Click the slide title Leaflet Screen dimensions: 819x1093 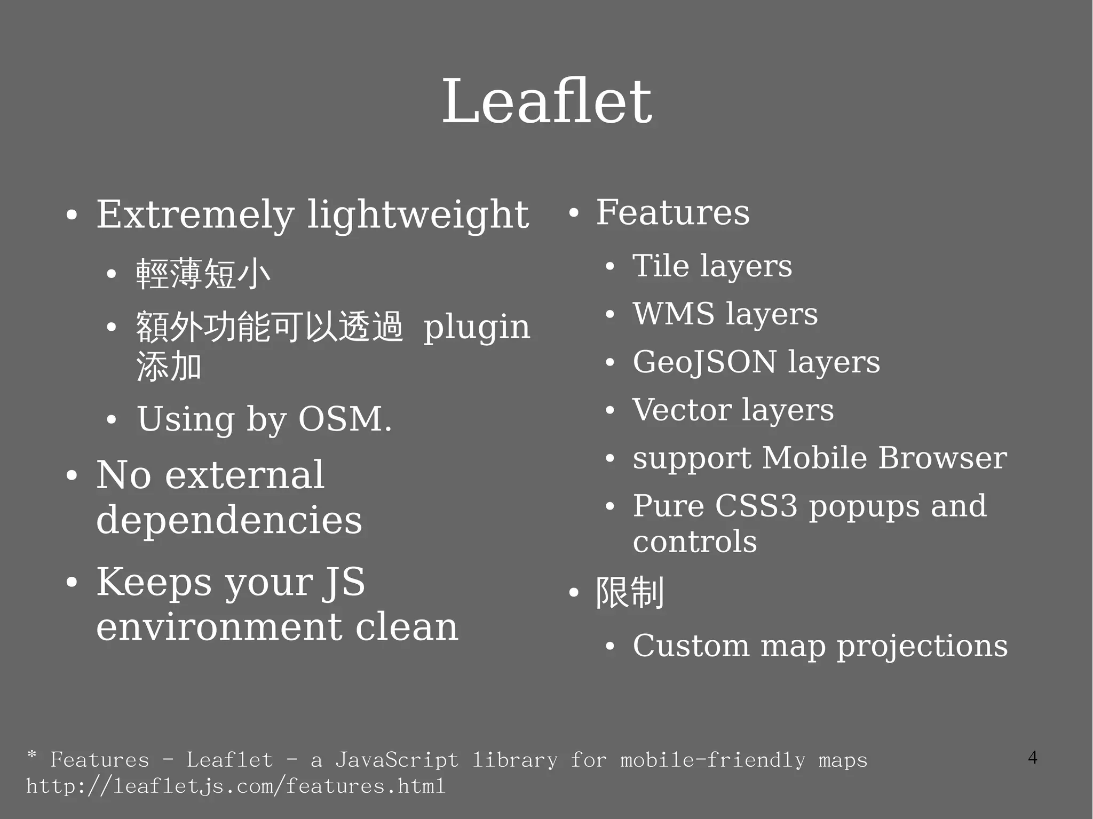(546, 101)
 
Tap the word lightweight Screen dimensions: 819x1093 (418, 214)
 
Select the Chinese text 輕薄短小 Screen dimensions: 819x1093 (203, 274)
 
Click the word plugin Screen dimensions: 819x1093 (477, 327)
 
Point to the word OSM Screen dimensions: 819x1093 (344, 419)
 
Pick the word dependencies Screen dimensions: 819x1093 (229, 520)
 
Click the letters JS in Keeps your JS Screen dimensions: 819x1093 (343, 582)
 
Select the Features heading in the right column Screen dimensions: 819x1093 (672, 212)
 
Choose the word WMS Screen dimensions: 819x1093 (674, 313)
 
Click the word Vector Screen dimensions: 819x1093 (682, 410)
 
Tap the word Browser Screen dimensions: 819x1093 (942, 458)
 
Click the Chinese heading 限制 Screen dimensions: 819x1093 (630, 592)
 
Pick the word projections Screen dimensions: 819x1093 (922, 646)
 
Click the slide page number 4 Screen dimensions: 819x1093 (1033, 758)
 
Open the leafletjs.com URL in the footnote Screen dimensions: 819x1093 (235, 786)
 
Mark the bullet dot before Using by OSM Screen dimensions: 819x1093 (111, 420)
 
